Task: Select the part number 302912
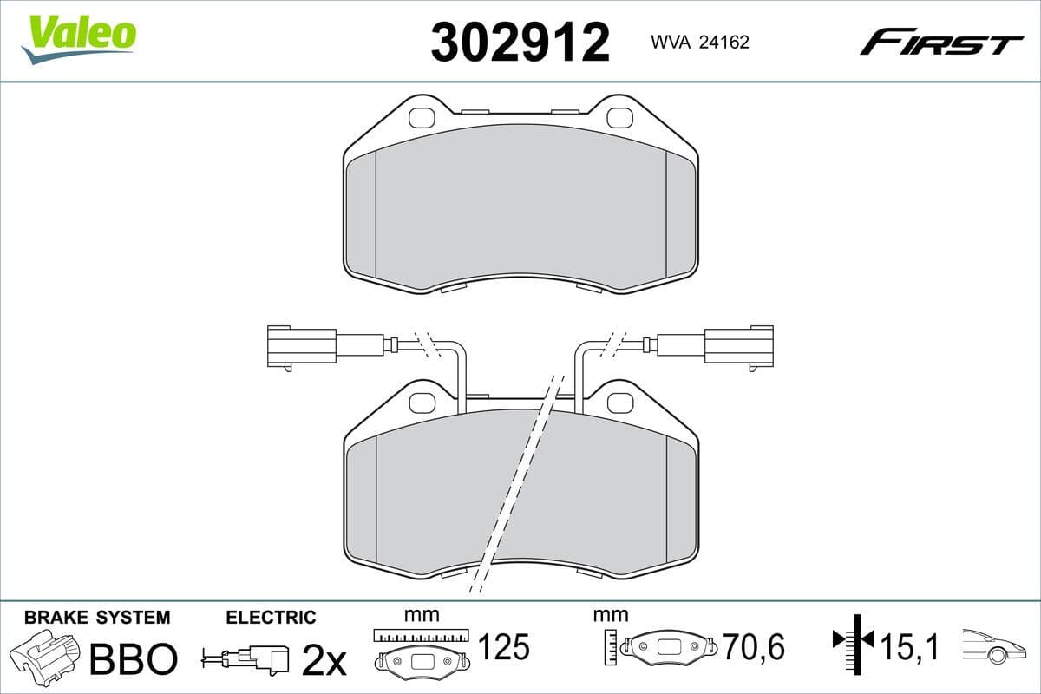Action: point(520,42)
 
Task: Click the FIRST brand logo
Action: point(941,42)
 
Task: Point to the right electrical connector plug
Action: point(738,344)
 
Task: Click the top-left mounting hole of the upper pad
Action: point(422,117)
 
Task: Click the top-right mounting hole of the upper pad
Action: point(619,117)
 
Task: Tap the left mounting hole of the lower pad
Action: point(422,402)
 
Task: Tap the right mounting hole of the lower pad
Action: point(619,402)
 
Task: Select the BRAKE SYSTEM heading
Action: point(97,618)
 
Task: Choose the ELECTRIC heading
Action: point(271,618)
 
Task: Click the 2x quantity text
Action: point(323,661)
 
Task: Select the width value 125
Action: point(503,646)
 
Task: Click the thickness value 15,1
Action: point(910,647)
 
